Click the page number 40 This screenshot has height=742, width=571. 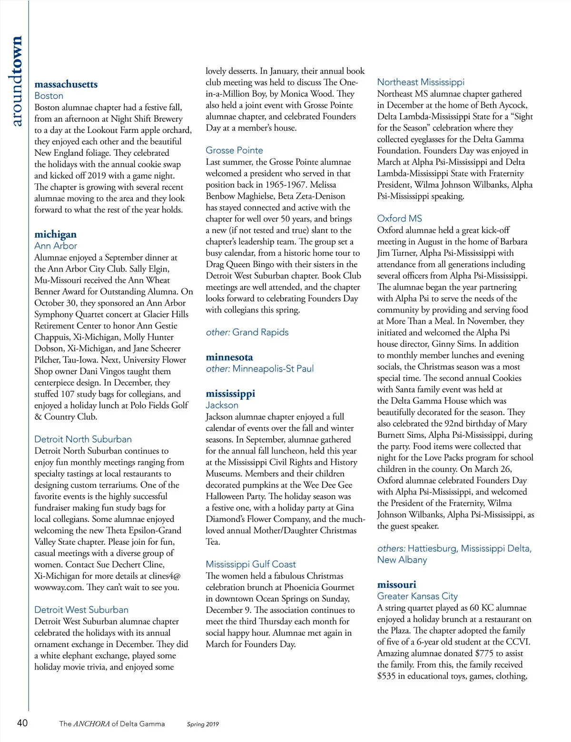coord(22,723)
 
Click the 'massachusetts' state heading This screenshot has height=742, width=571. coord(66,84)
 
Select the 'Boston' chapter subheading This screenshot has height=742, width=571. coord(49,96)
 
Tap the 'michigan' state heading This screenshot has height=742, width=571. coord(55,234)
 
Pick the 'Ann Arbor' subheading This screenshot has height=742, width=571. coord(56,246)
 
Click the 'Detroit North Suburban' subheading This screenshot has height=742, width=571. coord(83,439)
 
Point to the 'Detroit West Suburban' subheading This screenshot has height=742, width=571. coord(81,610)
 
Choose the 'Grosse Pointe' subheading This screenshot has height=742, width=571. coord(234,150)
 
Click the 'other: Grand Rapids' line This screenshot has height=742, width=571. coord(247,332)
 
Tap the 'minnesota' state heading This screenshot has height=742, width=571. coord(229,357)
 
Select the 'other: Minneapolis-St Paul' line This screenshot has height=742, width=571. coord(260,369)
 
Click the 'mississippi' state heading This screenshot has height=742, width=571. coord(230,393)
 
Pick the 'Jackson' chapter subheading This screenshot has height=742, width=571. coord(222,405)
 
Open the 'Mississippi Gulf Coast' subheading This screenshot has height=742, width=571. coord(251,564)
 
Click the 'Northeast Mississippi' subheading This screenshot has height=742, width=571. coord(421,82)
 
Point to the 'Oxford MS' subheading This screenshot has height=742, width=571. coord(399,219)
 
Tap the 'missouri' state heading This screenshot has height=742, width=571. coord(396,584)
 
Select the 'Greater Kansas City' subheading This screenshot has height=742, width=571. coord(417,596)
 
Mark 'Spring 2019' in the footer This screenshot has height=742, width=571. coord(203,724)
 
